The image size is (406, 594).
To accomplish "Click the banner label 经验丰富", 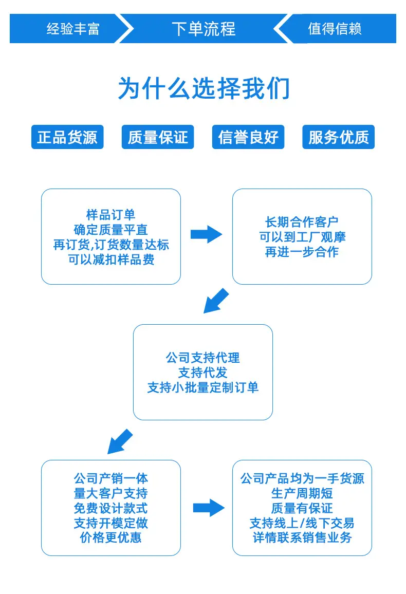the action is [x=73, y=29].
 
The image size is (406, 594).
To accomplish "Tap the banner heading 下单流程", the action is [x=204, y=29].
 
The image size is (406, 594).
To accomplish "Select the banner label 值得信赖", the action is [x=335, y=29].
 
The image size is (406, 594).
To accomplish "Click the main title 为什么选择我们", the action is [x=204, y=88].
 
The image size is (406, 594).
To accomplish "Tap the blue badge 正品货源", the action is [x=67, y=137].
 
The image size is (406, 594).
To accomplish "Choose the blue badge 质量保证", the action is [x=158, y=137].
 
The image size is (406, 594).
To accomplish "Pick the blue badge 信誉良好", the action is [x=248, y=137].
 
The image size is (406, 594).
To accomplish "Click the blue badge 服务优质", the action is [x=338, y=137].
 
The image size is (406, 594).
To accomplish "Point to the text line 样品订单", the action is [x=110, y=215].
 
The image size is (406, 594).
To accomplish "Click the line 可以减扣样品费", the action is [x=111, y=259].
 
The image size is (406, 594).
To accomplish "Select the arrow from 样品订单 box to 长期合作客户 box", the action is [x=206, y=234].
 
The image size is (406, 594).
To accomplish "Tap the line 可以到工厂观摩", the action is [x=302, y=237].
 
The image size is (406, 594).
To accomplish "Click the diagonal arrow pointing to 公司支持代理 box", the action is [x=216, y=301].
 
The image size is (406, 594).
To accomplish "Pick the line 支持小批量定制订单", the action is [x=203, y=387].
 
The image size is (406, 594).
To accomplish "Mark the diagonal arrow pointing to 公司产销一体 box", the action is [x=120, y=441].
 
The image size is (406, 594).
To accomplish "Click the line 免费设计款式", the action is [x=110, y=508].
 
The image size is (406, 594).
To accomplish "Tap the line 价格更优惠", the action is [x=110, y=537].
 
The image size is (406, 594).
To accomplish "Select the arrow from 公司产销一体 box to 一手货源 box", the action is [x=209, y=508].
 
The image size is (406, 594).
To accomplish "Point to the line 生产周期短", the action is [x=302, y=493].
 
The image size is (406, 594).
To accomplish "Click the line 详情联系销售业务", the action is [x=302, y=537].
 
